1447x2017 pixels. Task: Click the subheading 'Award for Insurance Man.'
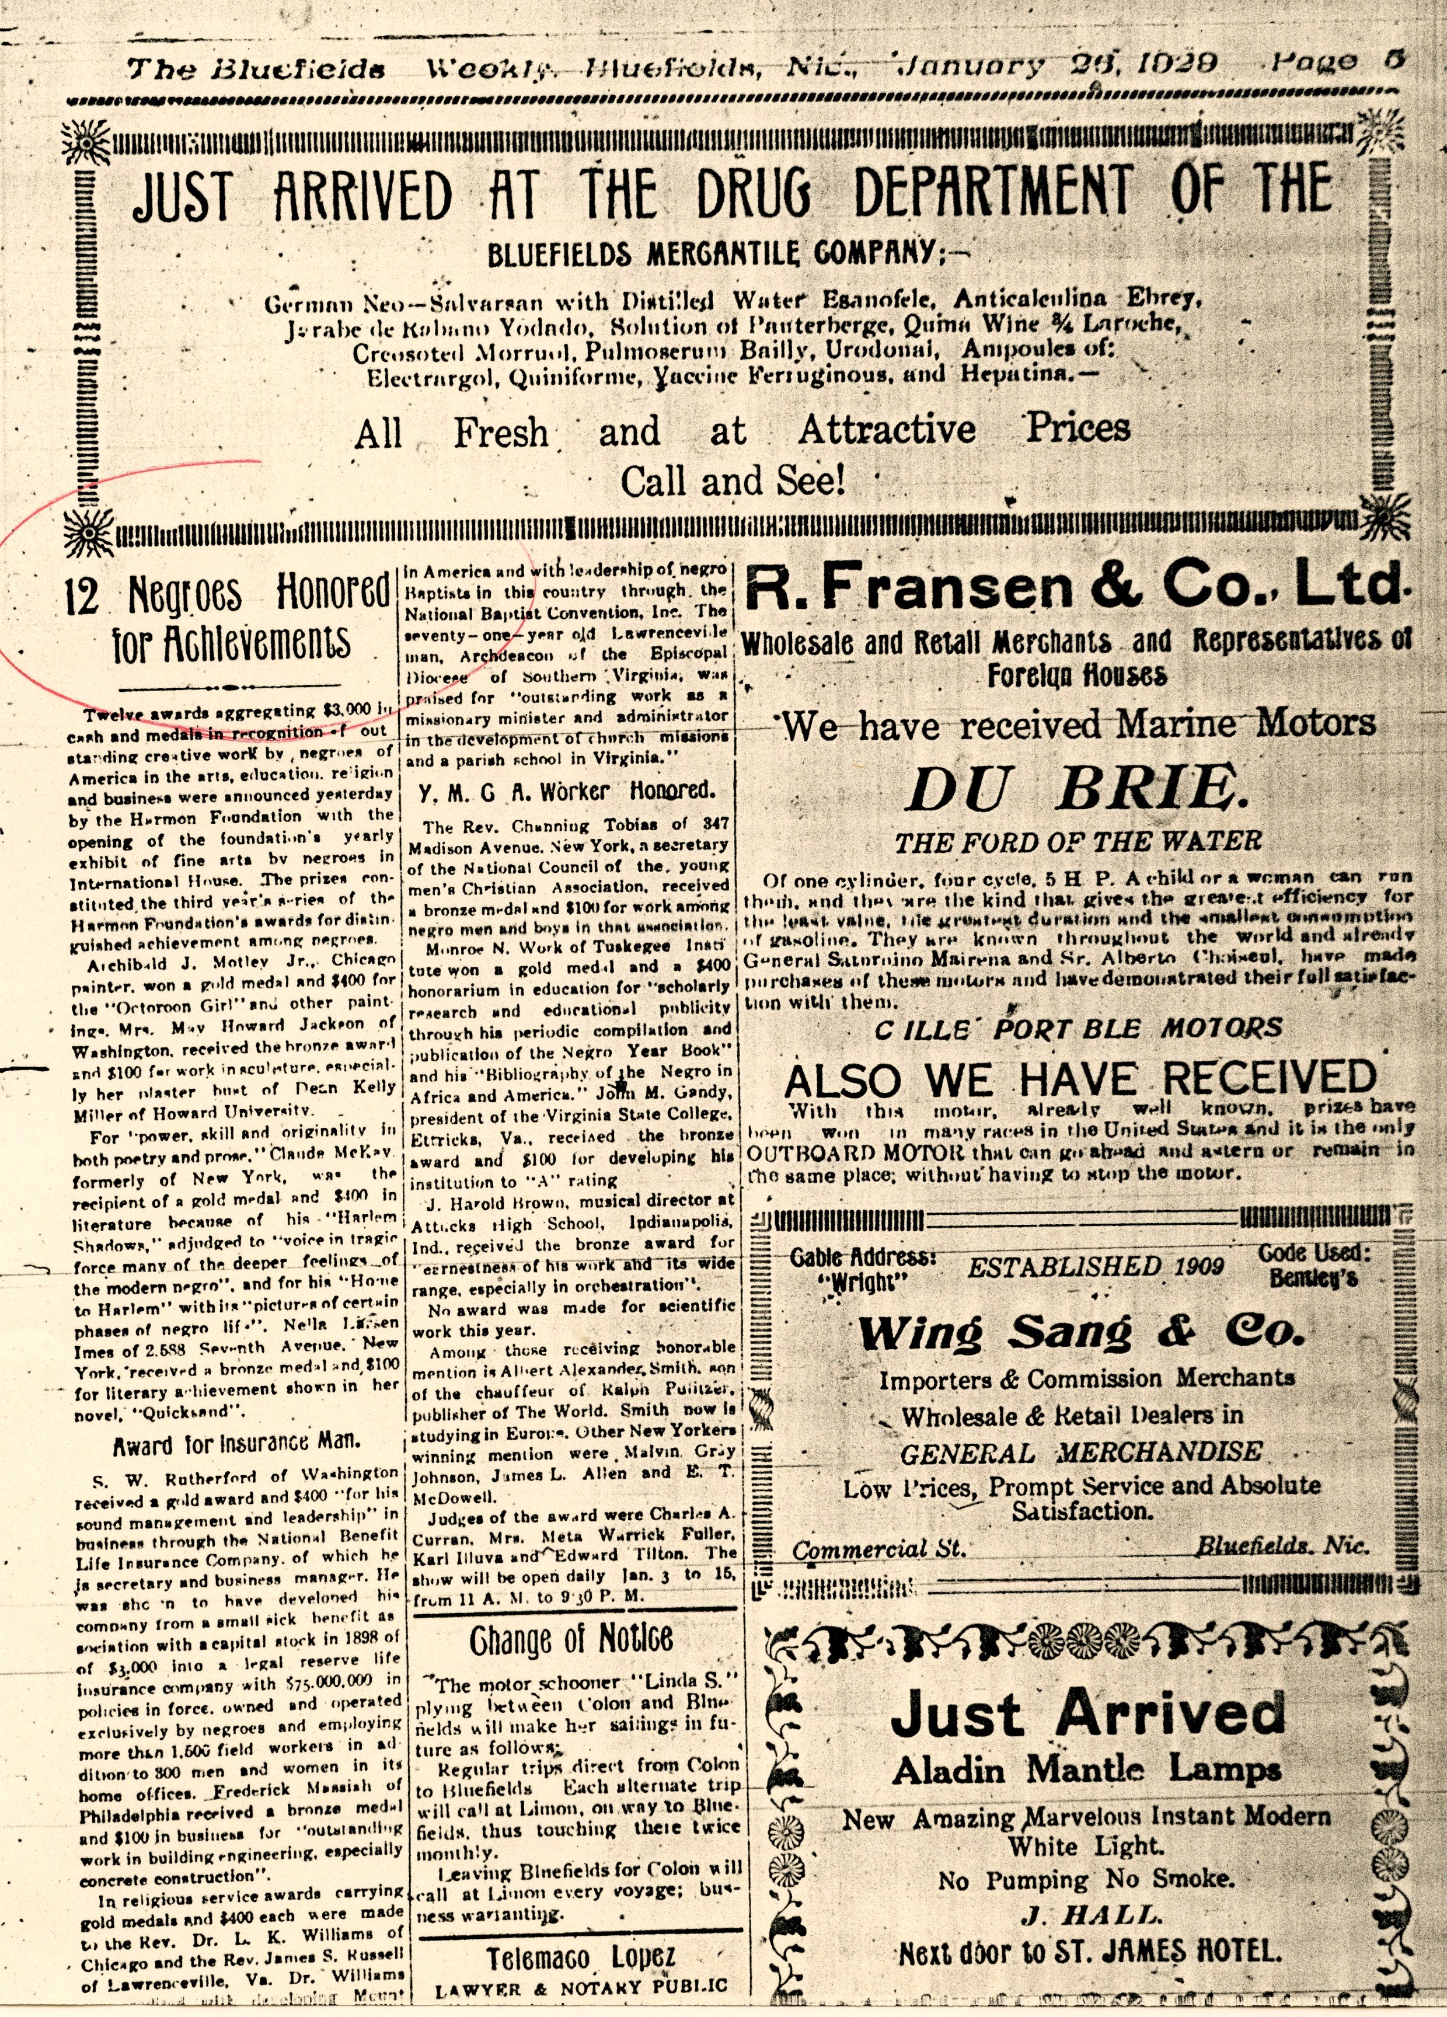pyautogui.click(x=236, y=1443)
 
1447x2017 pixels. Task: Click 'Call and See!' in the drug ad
pyautogui.click(x=732, y=482)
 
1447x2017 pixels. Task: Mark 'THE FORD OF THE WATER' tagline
pyautogui.click(x=1078, y=841)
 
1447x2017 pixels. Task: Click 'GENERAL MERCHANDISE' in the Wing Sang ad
pyautogui.click(x=1080, y=1452)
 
